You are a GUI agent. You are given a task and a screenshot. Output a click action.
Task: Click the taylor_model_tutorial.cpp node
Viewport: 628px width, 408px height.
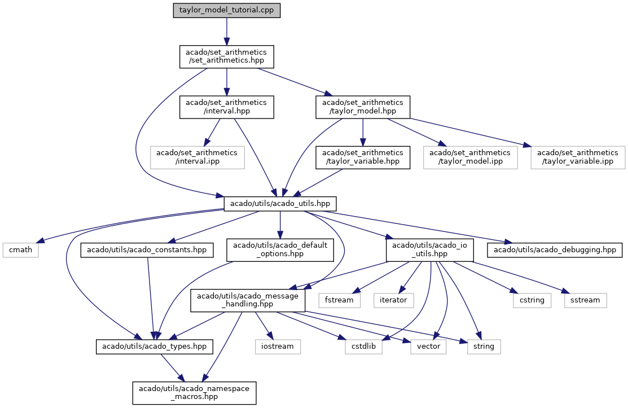point(226,11)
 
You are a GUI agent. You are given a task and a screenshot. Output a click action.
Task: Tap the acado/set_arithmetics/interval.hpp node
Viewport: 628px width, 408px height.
point(226,107)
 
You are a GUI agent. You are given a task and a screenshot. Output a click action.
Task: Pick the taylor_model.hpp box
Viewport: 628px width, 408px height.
point(362,107)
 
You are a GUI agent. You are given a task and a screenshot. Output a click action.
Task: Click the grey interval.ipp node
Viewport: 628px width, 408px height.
point(197,157)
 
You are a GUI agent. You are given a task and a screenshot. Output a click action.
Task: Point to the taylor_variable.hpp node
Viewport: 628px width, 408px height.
point(362,157)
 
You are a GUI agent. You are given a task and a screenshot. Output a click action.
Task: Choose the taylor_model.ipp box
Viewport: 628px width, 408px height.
point(471,157)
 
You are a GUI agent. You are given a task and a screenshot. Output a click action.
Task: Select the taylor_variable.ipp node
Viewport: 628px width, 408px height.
point(577,157)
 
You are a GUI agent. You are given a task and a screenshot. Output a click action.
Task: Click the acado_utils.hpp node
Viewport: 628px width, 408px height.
point(280,203)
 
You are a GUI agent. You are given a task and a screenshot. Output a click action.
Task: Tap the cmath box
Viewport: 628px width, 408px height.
point(20,249)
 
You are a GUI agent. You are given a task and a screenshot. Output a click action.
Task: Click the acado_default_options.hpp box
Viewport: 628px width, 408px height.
point(279,249)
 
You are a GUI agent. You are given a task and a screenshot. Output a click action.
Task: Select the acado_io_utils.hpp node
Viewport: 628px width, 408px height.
point(429,249)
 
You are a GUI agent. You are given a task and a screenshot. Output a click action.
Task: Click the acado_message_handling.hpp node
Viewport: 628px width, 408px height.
point(248,300)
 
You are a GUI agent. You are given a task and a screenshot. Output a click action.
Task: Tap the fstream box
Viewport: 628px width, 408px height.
point(339,300)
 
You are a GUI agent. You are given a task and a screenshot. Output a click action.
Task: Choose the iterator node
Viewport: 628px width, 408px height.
point(393,300)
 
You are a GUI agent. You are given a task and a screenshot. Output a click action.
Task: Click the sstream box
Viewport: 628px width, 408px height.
point(585,300)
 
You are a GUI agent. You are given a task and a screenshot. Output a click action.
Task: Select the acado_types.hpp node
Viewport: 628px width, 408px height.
point(153,346)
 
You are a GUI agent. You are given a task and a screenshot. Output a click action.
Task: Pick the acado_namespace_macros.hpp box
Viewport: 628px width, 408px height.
point(195,392)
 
